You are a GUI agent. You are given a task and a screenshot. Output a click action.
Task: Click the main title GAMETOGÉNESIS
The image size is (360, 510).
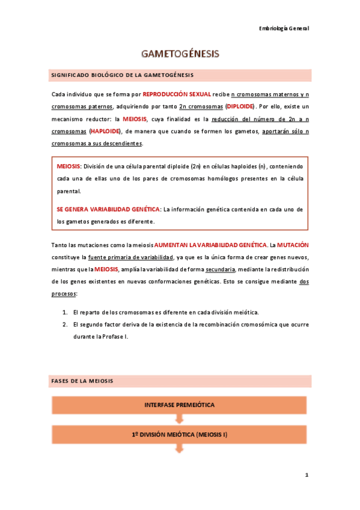click(x=180, y=54)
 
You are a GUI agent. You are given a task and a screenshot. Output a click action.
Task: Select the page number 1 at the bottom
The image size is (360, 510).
click(x=306, y=475)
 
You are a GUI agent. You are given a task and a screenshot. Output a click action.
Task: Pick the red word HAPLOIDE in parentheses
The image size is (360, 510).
click(x=105, y=131)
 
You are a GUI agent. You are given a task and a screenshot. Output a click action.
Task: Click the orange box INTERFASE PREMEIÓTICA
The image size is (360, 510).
click(x=180, y=405)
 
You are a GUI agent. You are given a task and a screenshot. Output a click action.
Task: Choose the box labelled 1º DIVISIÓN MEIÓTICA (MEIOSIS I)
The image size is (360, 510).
click(x=180, y=434)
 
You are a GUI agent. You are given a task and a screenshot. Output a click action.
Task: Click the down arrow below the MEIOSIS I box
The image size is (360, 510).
click(x=180, y=449)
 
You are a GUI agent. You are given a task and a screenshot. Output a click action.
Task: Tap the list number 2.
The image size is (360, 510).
click(x=65, y=324)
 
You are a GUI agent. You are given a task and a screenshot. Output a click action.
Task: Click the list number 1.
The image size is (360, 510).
click(x=65, y=313)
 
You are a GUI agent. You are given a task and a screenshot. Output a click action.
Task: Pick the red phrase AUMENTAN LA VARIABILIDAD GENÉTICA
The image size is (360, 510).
click(x=210, y=245)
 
